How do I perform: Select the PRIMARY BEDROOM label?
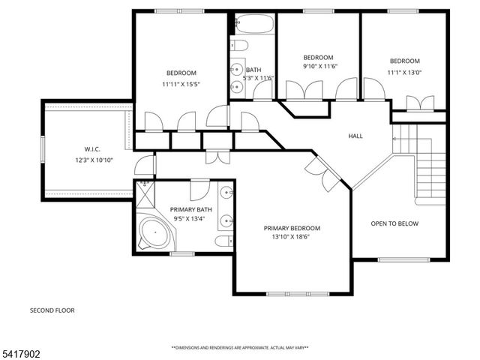pos(292,228)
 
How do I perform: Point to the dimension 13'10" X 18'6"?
pos(292,237)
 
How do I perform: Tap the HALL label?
pos(355,136)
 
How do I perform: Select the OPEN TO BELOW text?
pos(395,223)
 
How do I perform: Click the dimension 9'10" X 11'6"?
pos(318,67)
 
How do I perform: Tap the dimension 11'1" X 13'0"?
pos(404,72)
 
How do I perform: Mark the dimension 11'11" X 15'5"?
pos(181,84)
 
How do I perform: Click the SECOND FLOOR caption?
pos(52,310)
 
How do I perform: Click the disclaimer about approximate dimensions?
pos(240,348)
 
